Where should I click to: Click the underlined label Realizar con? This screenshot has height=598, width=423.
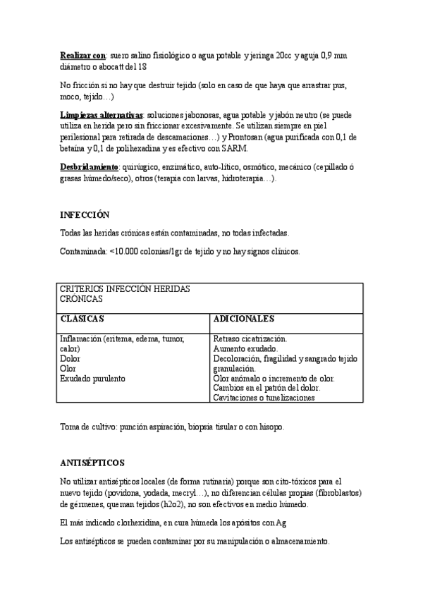[82, 54]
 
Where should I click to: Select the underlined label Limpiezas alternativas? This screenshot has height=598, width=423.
[102, 114]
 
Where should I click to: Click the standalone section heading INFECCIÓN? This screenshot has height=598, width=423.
[85, 214]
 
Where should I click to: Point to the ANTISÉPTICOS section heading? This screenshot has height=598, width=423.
[92, 463]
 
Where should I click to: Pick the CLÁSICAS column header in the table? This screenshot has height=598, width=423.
[82, 319]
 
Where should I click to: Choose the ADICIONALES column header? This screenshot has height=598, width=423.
[245, 319]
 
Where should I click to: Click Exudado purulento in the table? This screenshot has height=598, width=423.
[92, 379]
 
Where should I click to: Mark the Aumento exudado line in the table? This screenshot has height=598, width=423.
[245, 348]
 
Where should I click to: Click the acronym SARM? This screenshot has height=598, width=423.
[234, 148]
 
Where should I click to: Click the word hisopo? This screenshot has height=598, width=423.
[269, 427]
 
